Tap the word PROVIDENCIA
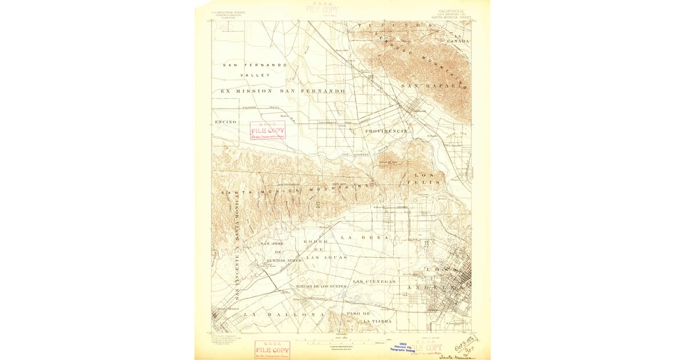(x=386, y=131)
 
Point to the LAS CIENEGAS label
(x=374, y=281)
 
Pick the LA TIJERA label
(x=377, y=321)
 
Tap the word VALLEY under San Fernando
(x=255, y=75)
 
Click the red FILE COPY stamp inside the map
(x=267, y=131)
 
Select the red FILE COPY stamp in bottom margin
(x=272, y=350)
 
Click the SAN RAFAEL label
(x=434, y=86)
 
